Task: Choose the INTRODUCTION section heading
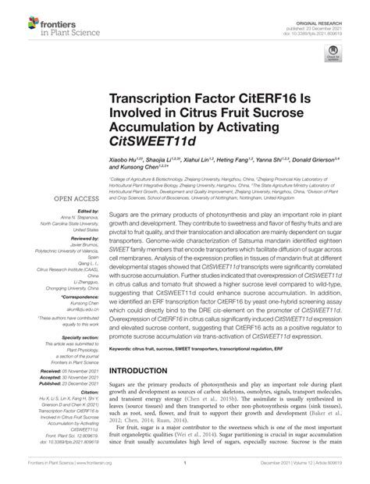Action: [x=145, y=371]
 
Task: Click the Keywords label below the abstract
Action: [x=124, y=348]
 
